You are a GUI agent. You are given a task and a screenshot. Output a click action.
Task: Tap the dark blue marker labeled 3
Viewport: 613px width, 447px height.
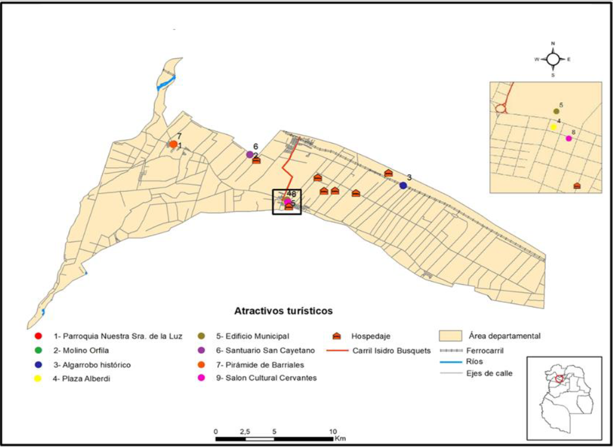tap(403, 185)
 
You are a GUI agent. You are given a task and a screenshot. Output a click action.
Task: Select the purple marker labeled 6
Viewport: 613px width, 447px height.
tap(250, 154)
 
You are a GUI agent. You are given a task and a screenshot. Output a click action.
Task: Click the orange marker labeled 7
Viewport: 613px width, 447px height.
tap(173, 144)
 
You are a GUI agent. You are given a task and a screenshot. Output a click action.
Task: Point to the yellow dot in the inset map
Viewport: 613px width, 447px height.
tap(553, 127)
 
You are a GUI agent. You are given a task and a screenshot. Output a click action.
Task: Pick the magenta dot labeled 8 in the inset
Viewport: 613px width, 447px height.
tap(568, 139)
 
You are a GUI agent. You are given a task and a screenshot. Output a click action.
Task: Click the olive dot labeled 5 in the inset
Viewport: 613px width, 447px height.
tap(556, 111)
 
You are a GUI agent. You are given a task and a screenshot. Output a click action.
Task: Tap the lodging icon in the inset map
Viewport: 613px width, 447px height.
tap(577, 186)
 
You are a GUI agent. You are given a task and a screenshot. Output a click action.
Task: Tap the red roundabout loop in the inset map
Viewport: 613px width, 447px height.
tap(501, 109)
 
